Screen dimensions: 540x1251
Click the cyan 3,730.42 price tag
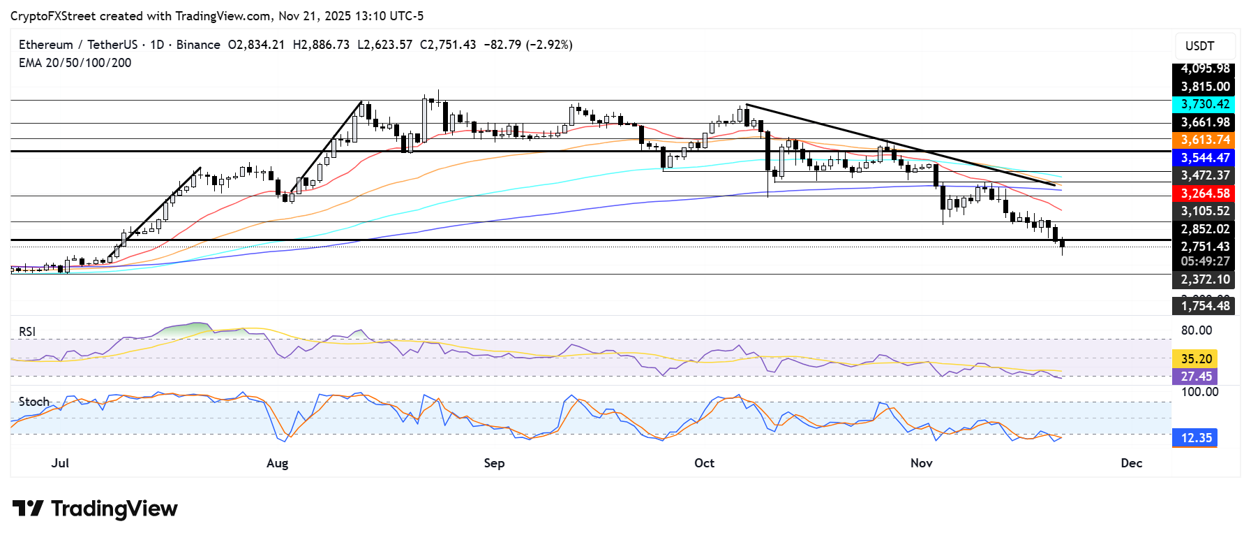click(x=1204, y=104)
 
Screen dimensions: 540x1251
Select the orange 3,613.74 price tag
click(x=1204, y=140)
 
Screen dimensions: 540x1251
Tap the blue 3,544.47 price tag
click(x=1204, y=158)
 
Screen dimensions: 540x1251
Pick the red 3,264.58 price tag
click(x=1204, y=194)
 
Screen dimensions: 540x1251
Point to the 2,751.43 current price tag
click(x=1204, y=247)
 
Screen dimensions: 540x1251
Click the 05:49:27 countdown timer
click(x=1204, y=261)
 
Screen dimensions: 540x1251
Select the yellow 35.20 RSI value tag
click(x=1195, y=359)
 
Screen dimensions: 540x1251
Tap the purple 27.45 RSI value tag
click(x=1195, y=377)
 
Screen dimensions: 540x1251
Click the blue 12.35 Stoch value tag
click(x=1195, y=438)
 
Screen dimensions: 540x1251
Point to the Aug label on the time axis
click(x=277, y=463)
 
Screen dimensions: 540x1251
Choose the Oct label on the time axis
click(x=704, y=463)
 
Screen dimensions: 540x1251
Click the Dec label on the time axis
click(x=1131, y=463)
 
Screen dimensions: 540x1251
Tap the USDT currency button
click(x=1199, y=46)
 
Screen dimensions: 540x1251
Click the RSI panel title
click(x=27, y=332)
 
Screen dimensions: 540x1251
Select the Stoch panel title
click(x=33, y=402)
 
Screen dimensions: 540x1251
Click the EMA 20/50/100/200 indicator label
click(x=75, y=63)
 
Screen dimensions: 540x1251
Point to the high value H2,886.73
click(x=321, y=45)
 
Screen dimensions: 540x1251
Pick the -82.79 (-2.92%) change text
click(x=528, y=45)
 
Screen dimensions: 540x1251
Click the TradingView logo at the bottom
click(x=95, y=509)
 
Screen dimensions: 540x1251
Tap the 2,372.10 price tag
click(x=1204, y=279)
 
